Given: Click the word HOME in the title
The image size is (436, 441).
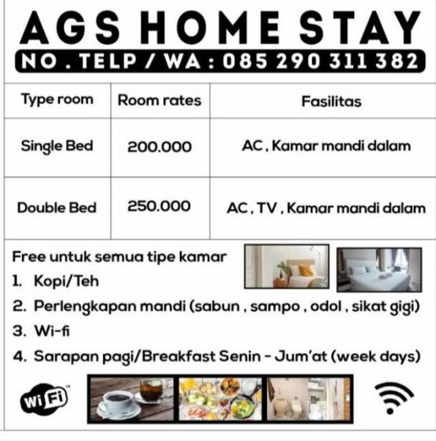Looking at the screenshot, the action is [x=210, y=28].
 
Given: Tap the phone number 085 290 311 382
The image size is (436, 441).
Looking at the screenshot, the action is [x=320, y=61].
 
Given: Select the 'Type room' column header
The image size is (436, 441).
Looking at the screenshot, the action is [x=57, y=100].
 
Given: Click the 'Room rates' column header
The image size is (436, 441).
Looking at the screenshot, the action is [x=159, y=100].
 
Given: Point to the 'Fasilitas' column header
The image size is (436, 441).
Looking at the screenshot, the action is [x=331, y=102].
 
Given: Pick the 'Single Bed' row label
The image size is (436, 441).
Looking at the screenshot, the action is [x=57, y=147].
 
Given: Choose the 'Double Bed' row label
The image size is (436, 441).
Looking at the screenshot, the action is [x=57, y=208].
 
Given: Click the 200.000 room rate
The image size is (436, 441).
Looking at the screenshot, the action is [x=159, y=147].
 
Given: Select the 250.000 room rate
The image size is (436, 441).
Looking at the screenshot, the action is [x=159, y=206].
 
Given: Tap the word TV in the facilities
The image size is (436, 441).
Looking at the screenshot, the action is [x=267, y=208].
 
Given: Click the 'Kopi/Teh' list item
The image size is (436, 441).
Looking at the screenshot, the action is [x=66, y=281].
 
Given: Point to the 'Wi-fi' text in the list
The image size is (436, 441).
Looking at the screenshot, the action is [x=52, y=331].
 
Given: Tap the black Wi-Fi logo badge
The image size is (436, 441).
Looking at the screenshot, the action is [x=45, y=399].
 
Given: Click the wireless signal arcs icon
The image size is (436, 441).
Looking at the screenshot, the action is [x=394, y=397].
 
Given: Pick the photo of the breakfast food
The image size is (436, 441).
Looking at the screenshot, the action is [x=220, y=399].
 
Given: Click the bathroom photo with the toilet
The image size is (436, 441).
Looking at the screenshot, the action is [x=309, y=399].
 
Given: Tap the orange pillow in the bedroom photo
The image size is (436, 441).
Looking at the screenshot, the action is [x=305, y=271].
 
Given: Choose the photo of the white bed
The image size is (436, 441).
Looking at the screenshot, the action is [x=379, y=270].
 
